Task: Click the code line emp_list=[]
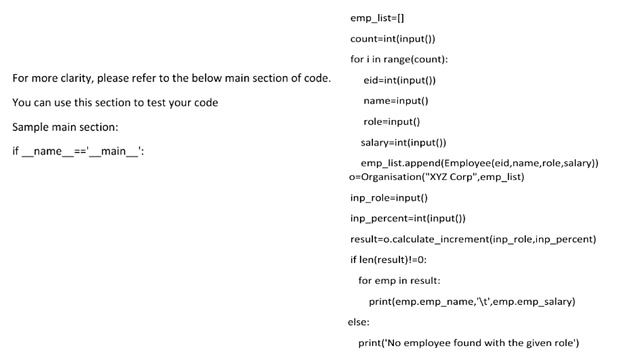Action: click(377, 18)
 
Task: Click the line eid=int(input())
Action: click(399, 80)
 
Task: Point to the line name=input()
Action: click(395, 100)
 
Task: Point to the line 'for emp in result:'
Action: click(399, 281)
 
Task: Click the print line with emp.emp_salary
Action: click(472, 302)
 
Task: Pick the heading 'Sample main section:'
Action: click(65, 127)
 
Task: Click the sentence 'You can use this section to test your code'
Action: click(115, 103)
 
